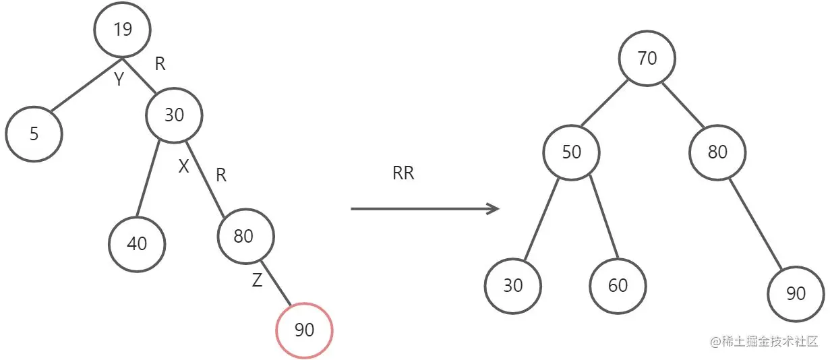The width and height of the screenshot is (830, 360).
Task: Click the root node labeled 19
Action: [122, 30]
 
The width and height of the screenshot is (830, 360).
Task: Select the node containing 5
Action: [34, 133]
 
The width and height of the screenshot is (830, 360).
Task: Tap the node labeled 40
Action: [137, 243]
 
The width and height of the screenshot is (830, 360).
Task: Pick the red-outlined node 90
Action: [305, 330]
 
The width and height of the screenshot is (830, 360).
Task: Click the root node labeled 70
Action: [647, 59]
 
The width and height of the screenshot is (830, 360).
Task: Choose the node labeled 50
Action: [571, 152]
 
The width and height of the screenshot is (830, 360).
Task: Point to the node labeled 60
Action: [618, 285]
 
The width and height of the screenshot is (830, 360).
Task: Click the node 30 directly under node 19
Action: [174, 115]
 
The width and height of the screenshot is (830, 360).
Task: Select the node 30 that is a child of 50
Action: [512, 285]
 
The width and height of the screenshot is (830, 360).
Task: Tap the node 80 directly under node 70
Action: [717, 152]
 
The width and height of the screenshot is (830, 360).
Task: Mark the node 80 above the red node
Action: [245, 236]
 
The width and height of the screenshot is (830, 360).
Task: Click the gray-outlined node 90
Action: [796, 293]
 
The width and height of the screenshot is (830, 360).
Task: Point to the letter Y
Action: [119, 80]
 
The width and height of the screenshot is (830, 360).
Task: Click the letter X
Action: [183, 167]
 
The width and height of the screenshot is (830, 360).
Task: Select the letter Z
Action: [257, 281]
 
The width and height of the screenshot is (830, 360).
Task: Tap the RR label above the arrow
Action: [403, 174]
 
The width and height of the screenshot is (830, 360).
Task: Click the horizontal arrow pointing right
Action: [425, 208]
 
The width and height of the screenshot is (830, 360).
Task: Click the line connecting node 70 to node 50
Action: [604, 104]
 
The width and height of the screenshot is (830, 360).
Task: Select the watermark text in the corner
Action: [764, 341]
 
